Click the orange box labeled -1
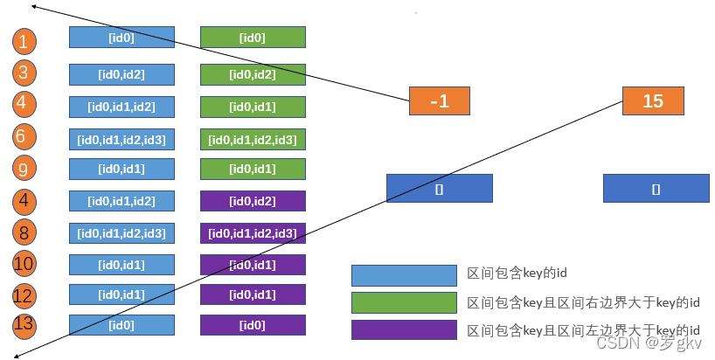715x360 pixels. [440, 101]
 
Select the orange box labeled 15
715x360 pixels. [653, 101]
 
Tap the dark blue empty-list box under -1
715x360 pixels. [440, 188]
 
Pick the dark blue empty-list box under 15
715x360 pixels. [656, 188]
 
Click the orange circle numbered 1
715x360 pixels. [25, 40]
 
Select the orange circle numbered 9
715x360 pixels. [25, 168]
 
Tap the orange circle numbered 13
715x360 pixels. [25, 326]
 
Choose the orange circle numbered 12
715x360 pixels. [25, 294]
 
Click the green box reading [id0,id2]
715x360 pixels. [253, 75]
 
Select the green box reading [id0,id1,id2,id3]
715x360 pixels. [253, 139]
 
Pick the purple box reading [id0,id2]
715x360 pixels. [253, 202]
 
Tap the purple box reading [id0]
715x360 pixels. [253, 325]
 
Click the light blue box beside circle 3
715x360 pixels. [121, 75]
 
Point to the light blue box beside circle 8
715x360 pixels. [121, 233]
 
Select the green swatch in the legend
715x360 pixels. [404, 302]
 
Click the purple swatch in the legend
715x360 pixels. [404, 329]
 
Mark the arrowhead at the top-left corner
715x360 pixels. [34, 6]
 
